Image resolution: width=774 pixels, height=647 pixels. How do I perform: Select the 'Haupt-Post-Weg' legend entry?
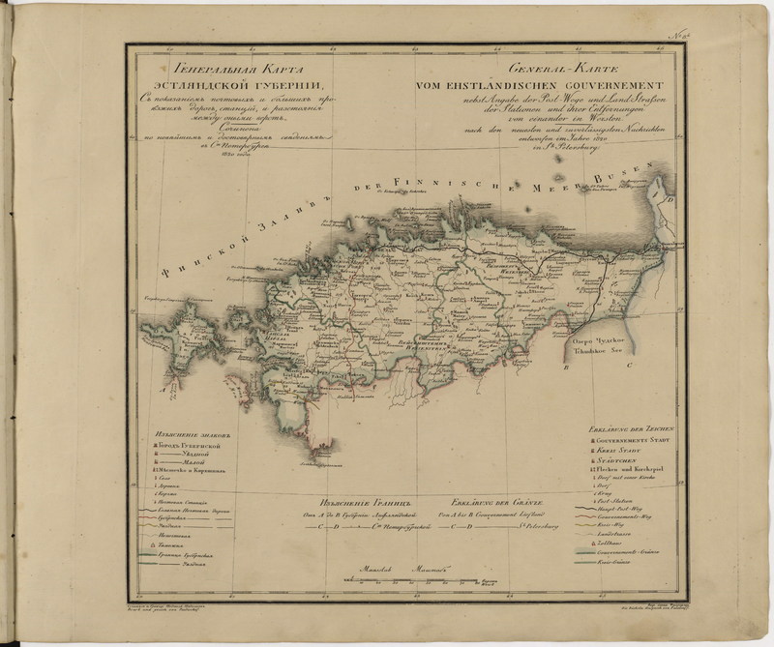(619, 508)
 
